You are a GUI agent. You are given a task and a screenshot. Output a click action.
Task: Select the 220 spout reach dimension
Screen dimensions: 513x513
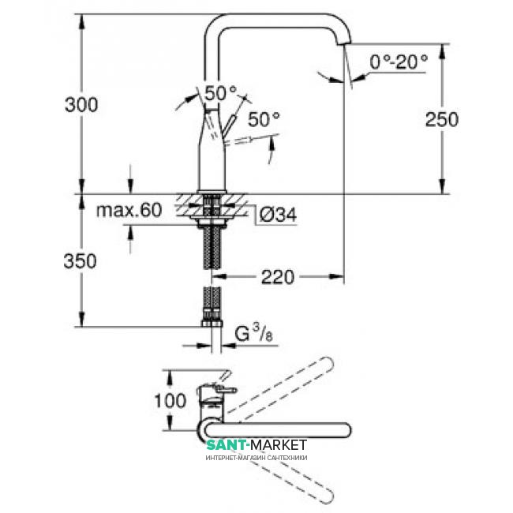coord(279,276)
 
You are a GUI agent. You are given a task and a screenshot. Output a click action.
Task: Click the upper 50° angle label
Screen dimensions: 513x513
coord(220,92)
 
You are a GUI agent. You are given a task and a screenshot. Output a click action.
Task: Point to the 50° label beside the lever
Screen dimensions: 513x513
coord(264,120)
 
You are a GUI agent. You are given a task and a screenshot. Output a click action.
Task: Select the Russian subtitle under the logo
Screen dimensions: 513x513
coord(256,458)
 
